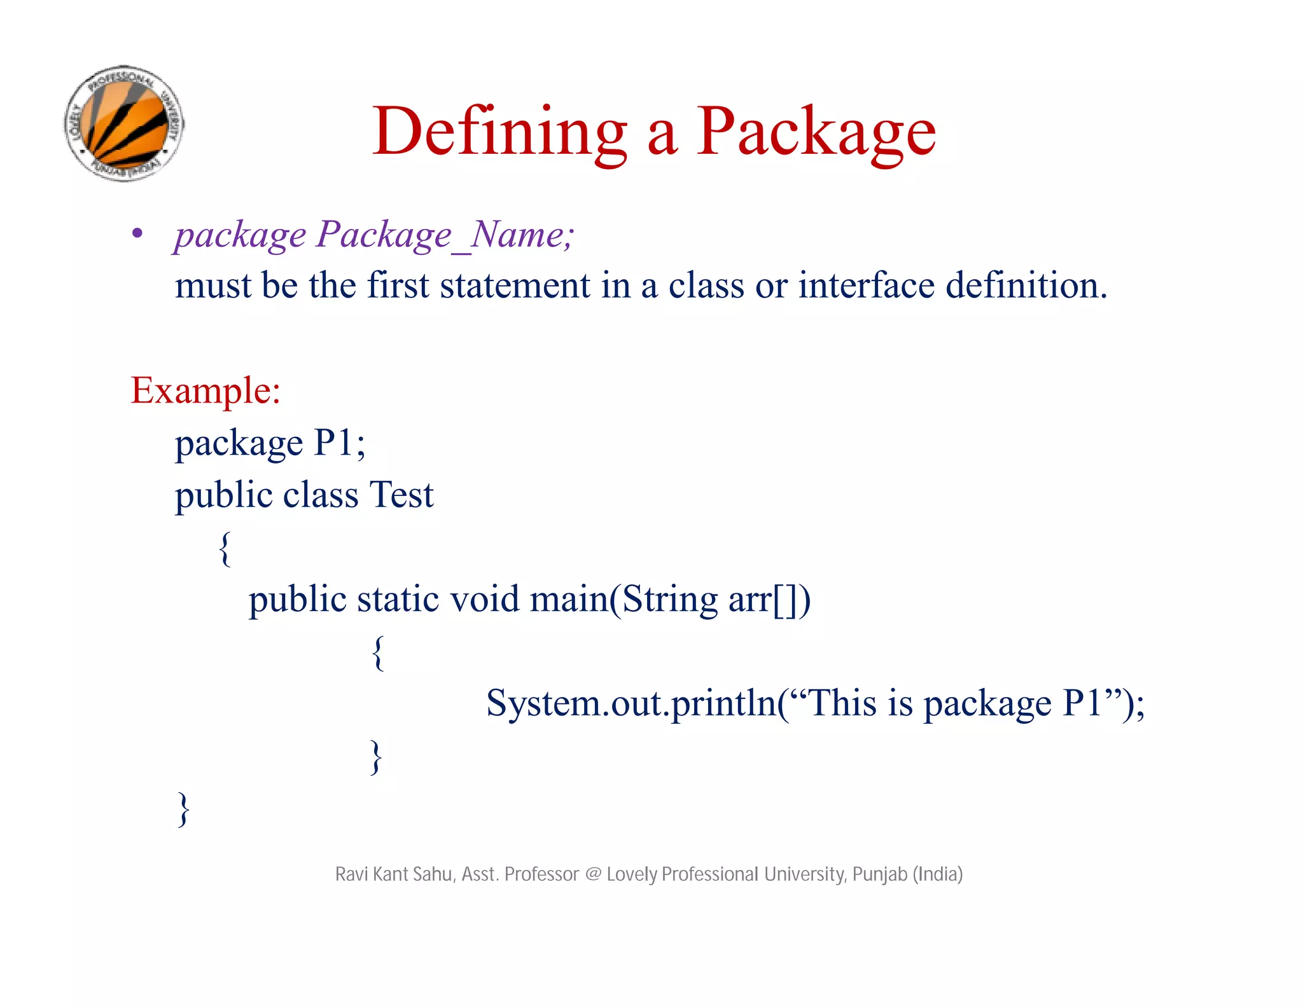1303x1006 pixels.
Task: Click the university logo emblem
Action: [x=125, y=123]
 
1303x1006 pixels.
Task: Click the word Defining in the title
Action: [x=499, y=132]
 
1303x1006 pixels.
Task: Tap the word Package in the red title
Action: [x=816, y=132]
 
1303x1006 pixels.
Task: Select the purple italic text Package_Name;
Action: [x=445, y=235]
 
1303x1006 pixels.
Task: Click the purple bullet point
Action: [x=137, y=234]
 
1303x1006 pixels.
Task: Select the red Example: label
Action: [x=206, y=390]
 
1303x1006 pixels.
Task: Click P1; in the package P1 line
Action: [x=340, y=443]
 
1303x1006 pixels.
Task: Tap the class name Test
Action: [x=401, y=495]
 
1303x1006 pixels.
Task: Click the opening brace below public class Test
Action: [x=225, y=548]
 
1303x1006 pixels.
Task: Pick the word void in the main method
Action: [x=485, y=600]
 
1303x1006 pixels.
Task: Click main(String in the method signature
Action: [x=624, y=600]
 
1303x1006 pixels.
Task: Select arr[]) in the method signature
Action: [x=770, y=600]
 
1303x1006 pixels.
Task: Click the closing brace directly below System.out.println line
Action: [x=377, y=757]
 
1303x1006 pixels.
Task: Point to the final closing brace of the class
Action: [x=183, y=809]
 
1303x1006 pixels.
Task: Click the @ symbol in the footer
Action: [x=593, y=874]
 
